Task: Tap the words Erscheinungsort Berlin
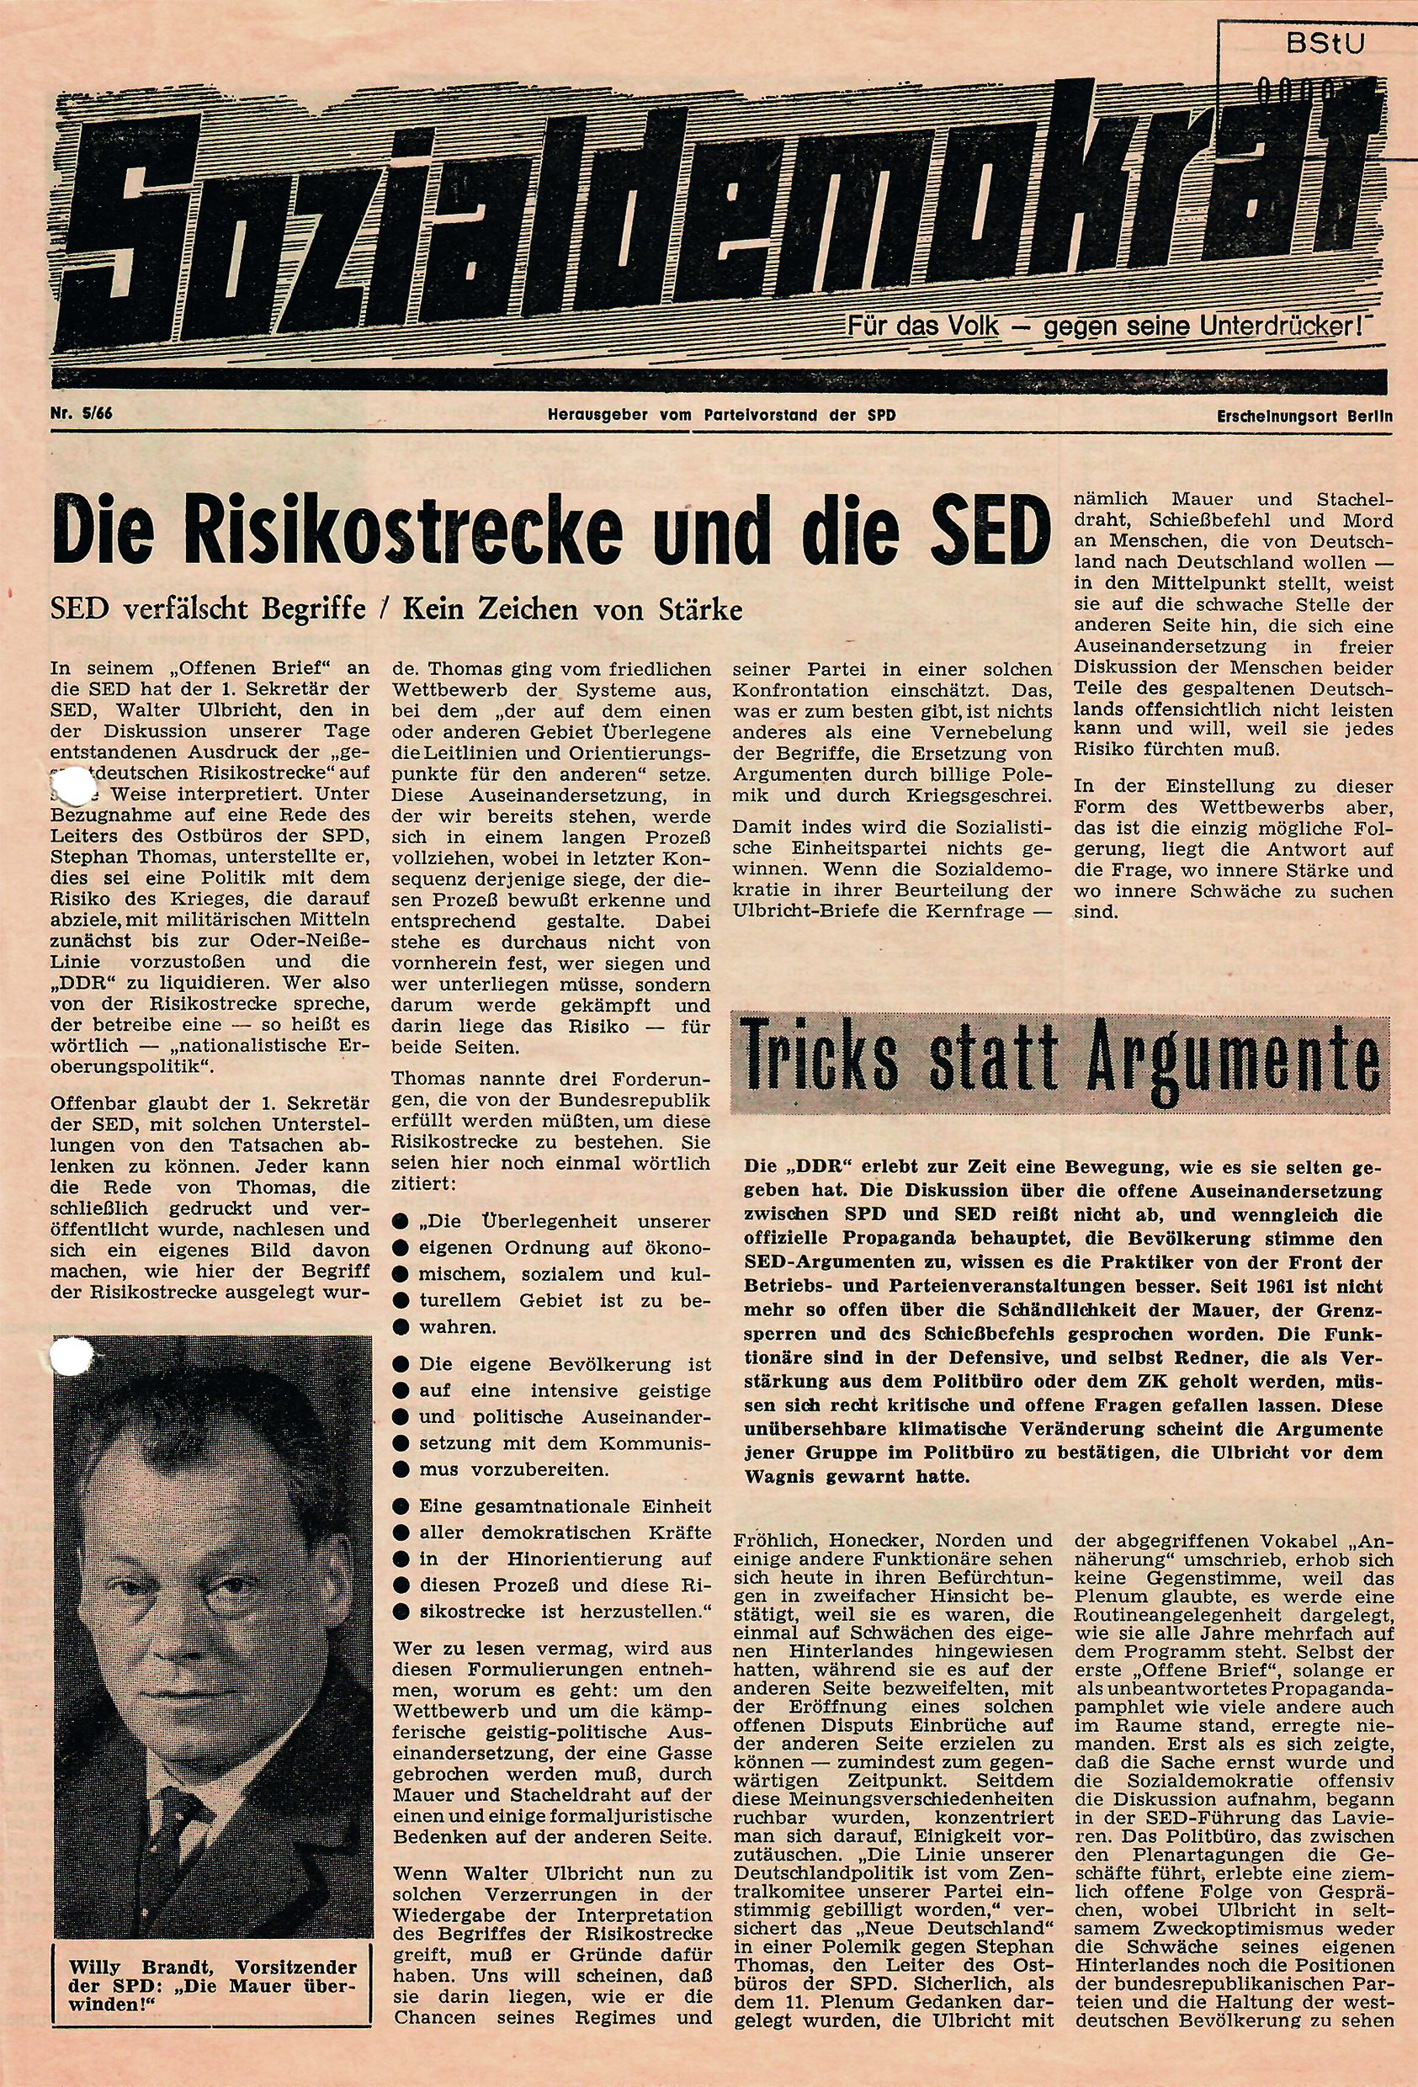[1304, 416]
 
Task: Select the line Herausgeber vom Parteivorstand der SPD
[721, 415]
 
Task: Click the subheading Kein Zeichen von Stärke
[572, 610]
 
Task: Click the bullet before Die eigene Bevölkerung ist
[401, 1364]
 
